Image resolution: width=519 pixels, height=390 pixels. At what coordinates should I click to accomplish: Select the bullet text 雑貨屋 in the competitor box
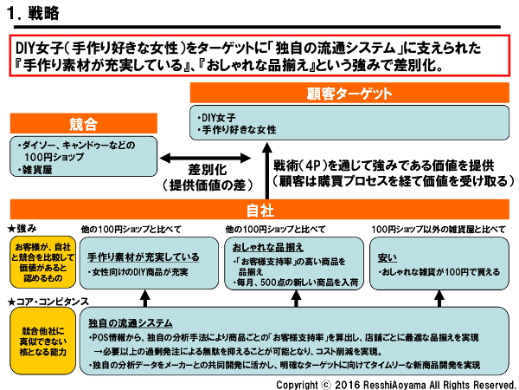[40, 170]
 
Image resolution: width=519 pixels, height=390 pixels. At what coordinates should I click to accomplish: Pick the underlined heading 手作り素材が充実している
[143, 257]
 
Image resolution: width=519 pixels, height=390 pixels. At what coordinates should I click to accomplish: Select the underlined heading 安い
[388, 257]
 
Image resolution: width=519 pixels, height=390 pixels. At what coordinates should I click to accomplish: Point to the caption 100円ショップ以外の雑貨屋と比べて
[437, 230]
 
